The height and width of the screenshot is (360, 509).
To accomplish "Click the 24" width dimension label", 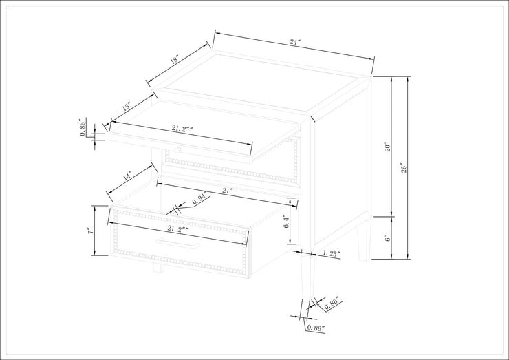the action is tap(295, 42).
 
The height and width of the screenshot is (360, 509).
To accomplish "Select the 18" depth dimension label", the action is tap(175, 59).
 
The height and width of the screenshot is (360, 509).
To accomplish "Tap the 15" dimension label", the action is tap(127, 106).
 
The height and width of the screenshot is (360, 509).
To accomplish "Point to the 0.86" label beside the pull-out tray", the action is tap(83, 128).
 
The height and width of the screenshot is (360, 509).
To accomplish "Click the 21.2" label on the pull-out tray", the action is tap(182, 128).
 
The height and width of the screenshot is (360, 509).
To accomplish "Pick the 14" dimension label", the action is tap(127, 176).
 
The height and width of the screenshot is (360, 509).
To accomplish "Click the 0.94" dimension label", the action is tap(200, 200).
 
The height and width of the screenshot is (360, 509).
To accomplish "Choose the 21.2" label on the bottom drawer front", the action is tap(178, 229).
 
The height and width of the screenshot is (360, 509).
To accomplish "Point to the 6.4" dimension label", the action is tap(286, 221).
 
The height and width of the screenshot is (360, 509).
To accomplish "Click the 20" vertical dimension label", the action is tap(387, 147).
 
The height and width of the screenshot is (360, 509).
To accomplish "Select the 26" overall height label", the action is tap(404, 167).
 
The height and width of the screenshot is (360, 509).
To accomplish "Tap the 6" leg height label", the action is tap(387, 238).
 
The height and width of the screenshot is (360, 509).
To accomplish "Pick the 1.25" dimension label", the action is tap(332, 253).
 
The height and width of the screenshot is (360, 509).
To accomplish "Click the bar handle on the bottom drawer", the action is tap(177, 243).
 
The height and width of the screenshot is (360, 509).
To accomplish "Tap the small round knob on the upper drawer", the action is tap(177, 149).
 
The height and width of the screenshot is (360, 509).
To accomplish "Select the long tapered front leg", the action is tap(306, 275).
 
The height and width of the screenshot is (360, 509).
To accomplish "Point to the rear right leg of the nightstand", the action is tap(364, 240).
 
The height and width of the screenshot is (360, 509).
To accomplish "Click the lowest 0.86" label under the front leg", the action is tap(315, 328).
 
